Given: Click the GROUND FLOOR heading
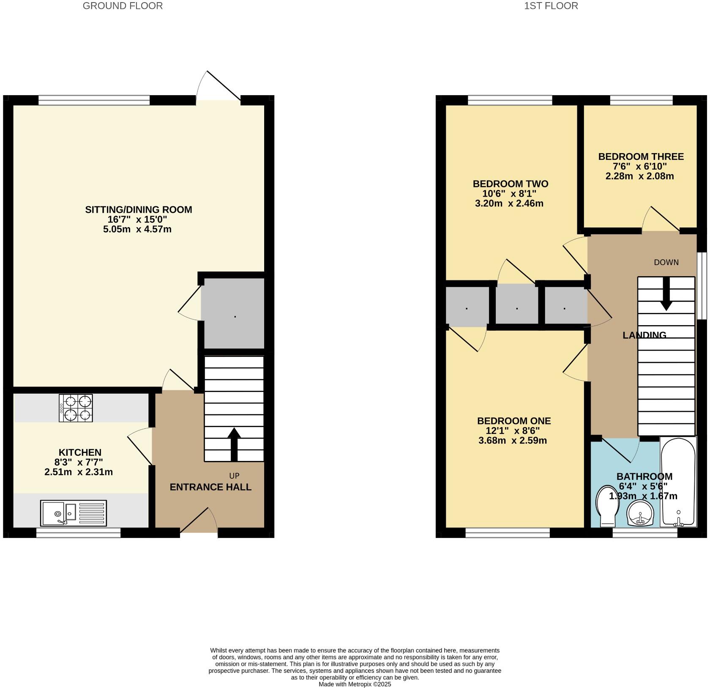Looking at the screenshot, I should (x=123, y=6).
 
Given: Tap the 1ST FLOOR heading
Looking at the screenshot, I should (x=551, y=6).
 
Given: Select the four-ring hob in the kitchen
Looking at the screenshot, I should (x=76, y=408).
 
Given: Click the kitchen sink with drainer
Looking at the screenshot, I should (x=74, y=513).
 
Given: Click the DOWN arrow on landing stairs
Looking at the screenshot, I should (x=666, y=294).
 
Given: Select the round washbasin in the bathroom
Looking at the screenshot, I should (x=641, y=513).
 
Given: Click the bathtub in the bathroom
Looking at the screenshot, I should (x=678, y=482).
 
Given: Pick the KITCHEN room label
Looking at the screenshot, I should (x=80, y=452).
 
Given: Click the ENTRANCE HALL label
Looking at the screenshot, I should (x=210, y=487).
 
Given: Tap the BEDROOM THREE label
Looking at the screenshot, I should (x=641, y=157).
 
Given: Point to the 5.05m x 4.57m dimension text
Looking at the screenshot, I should (x=137, y=230).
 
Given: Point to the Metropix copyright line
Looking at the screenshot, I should (x=355, y=684).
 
